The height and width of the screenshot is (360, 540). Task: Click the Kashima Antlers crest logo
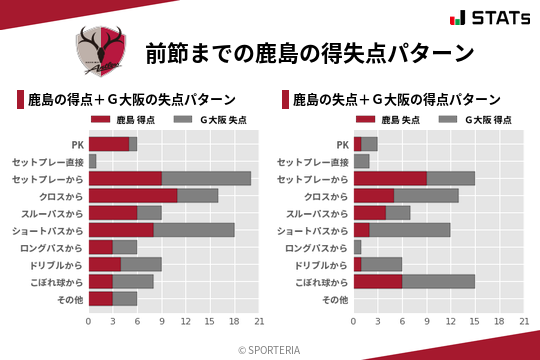(x=100, y=51)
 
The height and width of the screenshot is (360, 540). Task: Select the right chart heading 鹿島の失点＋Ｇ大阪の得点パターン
(x=396, y=100)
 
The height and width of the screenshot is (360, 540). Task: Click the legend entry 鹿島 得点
(x=125, y=120)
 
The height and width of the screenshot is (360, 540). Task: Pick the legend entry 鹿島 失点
(x=390, y=120)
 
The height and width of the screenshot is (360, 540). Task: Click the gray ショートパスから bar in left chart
(x=194, y=230)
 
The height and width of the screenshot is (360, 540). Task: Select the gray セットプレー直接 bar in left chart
(x=93, y=161)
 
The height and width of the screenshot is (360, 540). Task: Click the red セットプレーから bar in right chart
(x=390, y=178)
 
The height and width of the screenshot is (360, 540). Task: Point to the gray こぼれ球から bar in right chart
(x=439, y=282)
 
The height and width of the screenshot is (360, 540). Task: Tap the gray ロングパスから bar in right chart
(x=357, y=247)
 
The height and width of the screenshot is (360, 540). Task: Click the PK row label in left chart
(x=77, y=144)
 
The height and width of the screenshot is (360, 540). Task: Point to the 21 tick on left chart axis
(x=259, y=321)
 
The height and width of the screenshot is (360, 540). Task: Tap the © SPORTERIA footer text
(x=270, y=349)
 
